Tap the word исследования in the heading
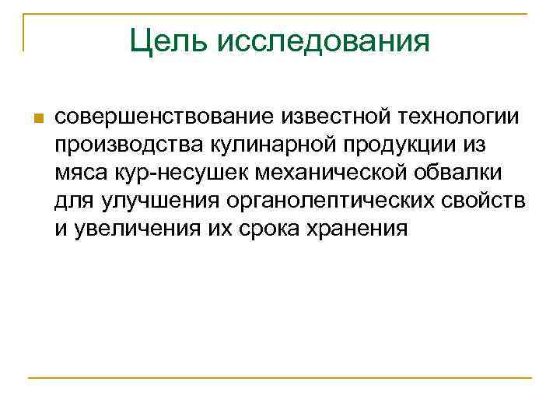click(324, 41)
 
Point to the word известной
click(335, 117)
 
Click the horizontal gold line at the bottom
click(280, 378)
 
